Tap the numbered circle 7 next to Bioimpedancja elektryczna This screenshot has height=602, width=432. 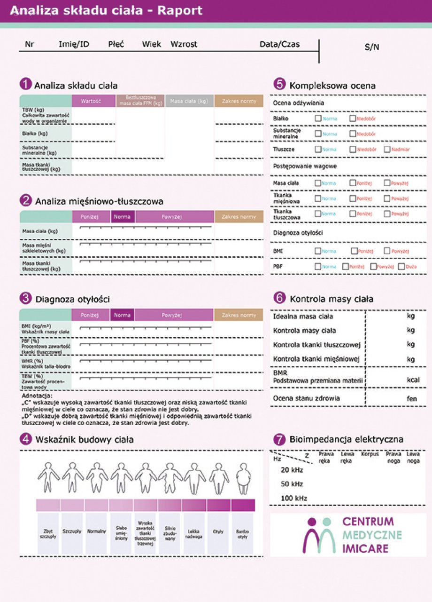pos(279,440)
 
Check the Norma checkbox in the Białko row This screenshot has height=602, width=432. pos(318,119)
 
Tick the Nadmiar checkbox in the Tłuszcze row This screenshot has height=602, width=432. pos(387,150)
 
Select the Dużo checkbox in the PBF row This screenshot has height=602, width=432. pos(401,267)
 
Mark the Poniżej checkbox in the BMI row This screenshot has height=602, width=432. pos(354,251)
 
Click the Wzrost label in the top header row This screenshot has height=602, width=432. pos(184,44)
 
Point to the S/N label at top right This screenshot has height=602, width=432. pos(371,47)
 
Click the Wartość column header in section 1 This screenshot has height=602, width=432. pos(93,101)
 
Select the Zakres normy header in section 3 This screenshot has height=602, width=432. pos(239,315)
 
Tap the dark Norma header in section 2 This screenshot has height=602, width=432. pos(123,217)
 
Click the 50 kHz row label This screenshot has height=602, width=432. pos(292,484)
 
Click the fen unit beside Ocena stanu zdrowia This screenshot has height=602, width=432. pos(411,398)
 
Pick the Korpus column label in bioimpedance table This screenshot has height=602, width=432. pos(370,454)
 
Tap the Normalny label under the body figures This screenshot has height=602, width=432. pos(97,531)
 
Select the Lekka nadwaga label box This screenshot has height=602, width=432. pos(194,533)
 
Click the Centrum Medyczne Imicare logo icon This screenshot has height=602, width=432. pos(319,535)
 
